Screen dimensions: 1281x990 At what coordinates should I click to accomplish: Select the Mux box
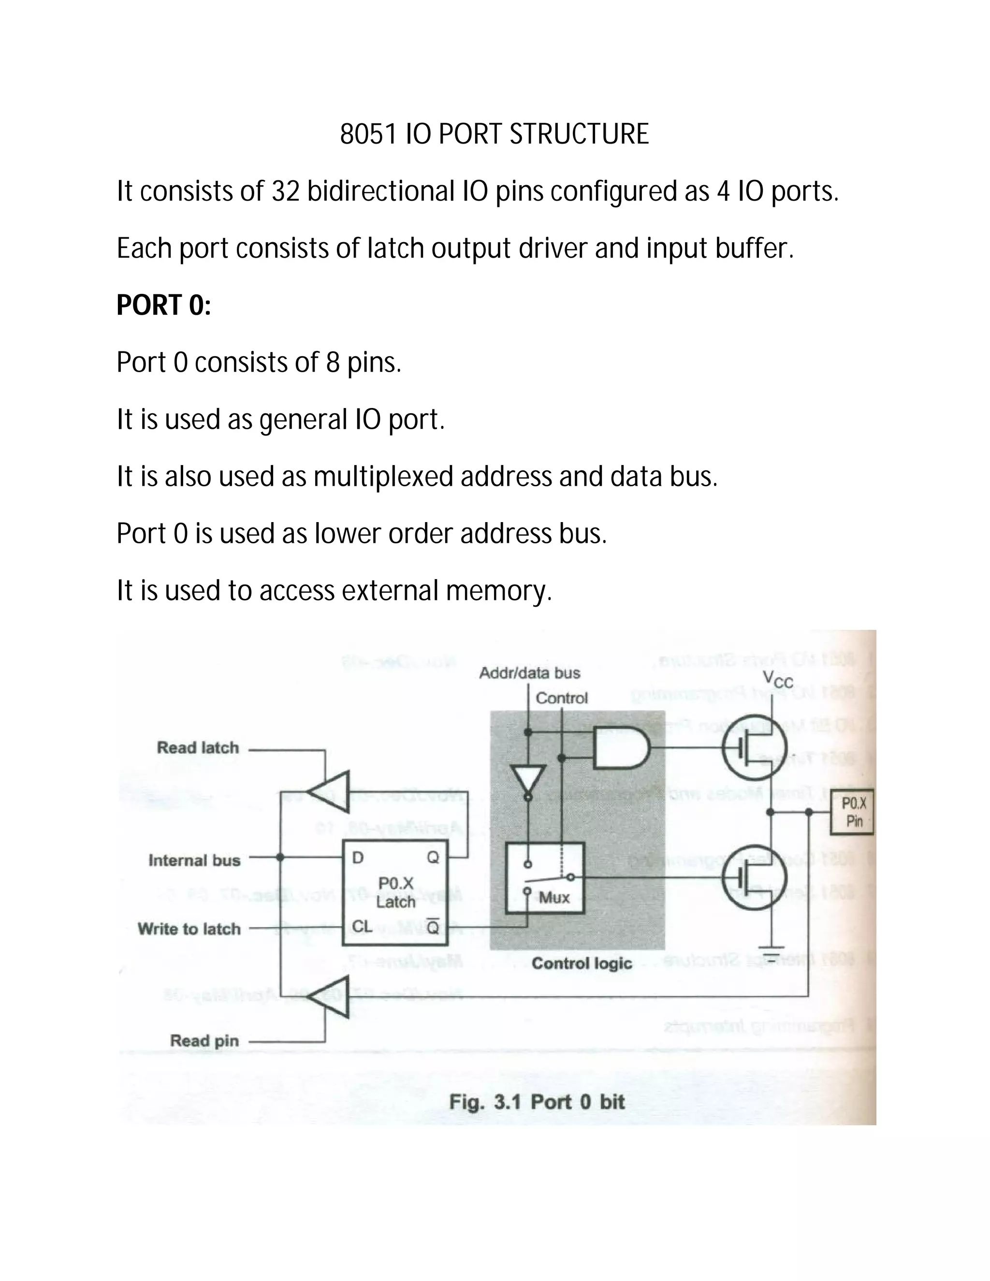[545, 878]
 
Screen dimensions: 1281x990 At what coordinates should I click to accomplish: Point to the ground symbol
[772, 948]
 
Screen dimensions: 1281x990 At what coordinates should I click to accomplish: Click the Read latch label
[198, 748]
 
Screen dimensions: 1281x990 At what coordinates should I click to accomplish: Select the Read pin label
[204, 1041]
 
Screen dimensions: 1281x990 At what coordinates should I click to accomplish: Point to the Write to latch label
[189, 929]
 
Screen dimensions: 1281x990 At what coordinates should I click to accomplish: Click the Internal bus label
[194, 860]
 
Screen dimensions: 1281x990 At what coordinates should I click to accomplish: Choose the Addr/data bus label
[530, 673]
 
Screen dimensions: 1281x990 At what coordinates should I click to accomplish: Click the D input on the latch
[358, 858]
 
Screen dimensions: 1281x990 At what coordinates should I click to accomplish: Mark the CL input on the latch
[362, 926]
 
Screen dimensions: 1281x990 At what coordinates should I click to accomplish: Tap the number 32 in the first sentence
[286, 191]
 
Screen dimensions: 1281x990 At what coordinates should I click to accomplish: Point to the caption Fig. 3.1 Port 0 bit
[537, 1102]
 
